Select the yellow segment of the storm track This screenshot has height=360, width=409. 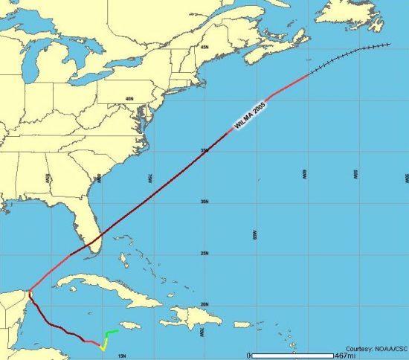tap(104, 344)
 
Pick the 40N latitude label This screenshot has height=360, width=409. tap(129, 98)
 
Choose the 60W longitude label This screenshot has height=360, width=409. tap(304, 175)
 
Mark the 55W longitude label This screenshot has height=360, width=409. tap(355, 175)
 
